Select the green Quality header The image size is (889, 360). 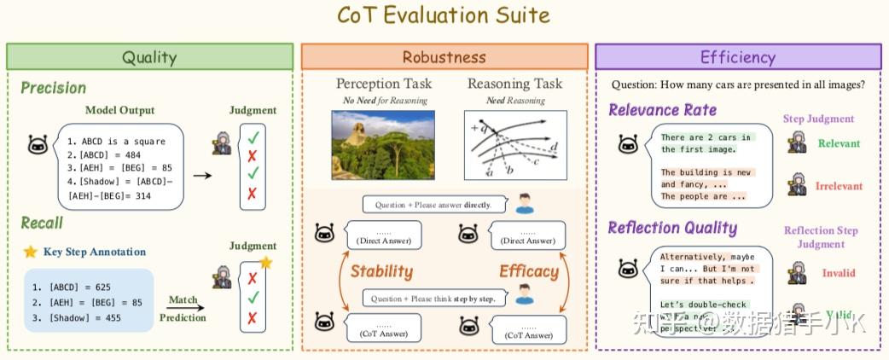(x=149, y=57)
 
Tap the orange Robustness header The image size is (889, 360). (x=444, y=57)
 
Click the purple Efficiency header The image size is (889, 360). (x=737, y=57)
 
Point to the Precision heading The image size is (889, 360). (x=53, y=88)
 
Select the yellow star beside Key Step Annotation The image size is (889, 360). (x=30, y=252)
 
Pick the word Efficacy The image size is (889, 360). (x=529, y=272)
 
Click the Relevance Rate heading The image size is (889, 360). (x=662, y=110)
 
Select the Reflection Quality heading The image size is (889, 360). (x=672, y=227)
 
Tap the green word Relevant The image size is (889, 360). (x=840, y=143)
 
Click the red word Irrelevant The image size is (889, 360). (x=840, y=186)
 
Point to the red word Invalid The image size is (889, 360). (x=838, y=273)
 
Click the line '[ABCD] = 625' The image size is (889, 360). (x=79, y=287)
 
